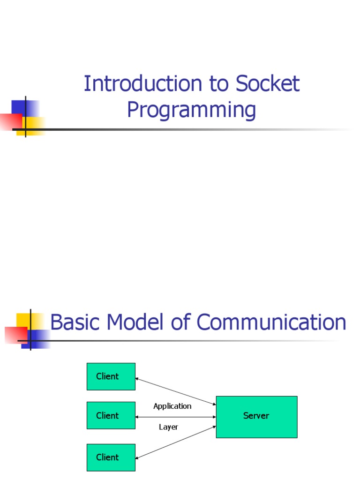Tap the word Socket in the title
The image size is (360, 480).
click(x=267, y=84)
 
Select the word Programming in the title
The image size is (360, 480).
click(x=191, y=111)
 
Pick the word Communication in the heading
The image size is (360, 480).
click(x=271, y=322)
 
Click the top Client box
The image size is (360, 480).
click(x=111, y=376)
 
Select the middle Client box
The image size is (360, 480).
click(x=111, y=415)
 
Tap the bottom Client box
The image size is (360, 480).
click(x=111, y=457)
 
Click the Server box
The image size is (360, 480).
click(x=256, y=417)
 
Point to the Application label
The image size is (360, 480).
click(x=172, y=406)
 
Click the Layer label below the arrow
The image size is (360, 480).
click(x=168, y=427)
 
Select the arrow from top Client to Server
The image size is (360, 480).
click(x=175, y=391)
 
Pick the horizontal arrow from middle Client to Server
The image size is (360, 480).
click(x=175, y=417)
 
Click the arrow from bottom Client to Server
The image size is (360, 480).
click(x=175, y=442)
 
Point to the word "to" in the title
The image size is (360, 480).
click(x=218, y=84)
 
